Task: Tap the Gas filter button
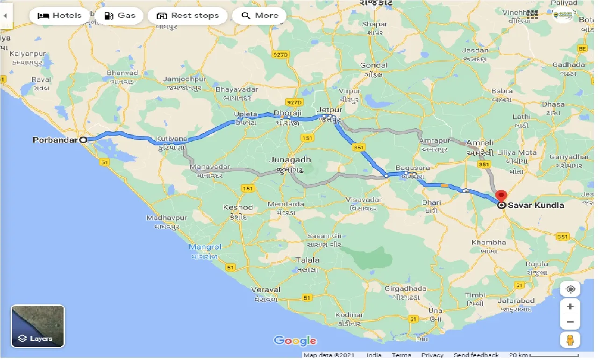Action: click(120, 16)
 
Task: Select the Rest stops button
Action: click(188, 16)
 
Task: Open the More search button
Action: click(259, 16)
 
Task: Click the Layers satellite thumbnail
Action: click(38, 326)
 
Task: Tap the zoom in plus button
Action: click(570, 307)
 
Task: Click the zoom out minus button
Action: click(570, 322)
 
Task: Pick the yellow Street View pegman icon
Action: click(570, 340)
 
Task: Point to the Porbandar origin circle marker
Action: click(83, 139)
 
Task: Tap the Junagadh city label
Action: click(290, 160)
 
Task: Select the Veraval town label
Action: click(266, 290)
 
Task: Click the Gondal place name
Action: click(374, 65)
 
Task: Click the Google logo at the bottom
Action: click(295, 341)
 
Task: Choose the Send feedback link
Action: click(476, 355)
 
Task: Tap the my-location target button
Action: click(570, 289)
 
